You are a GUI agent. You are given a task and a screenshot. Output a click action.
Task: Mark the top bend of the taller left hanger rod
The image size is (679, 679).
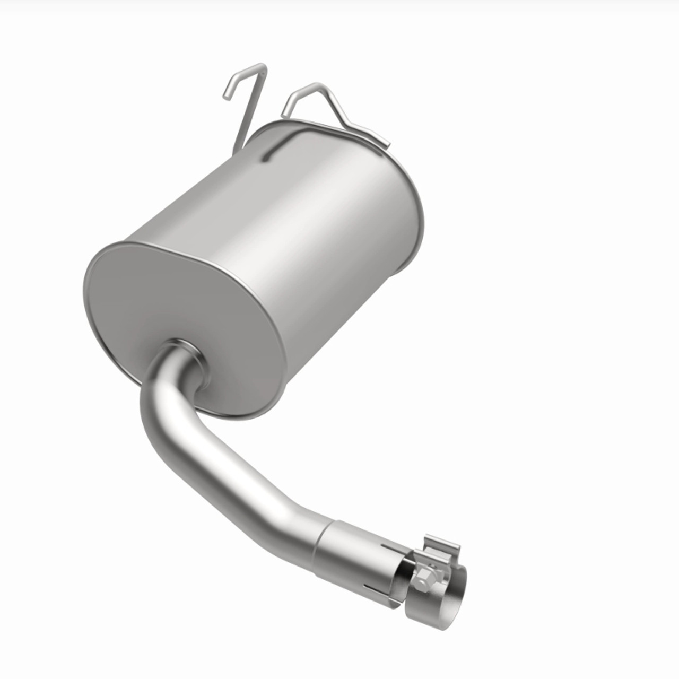262,66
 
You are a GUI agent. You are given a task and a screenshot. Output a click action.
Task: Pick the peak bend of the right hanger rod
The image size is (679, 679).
316,85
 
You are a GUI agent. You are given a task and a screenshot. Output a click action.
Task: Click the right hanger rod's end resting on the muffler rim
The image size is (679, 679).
386,145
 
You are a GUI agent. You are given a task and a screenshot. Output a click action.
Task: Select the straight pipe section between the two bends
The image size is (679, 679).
223,477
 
